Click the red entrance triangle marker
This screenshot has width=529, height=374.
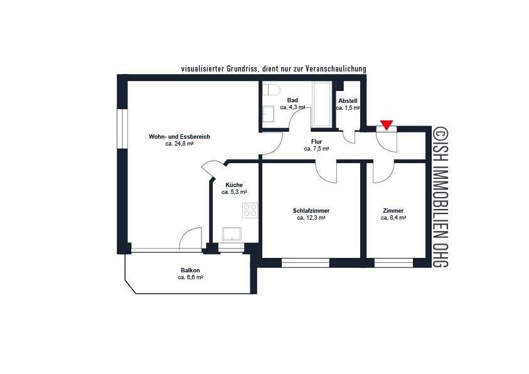point(387,126)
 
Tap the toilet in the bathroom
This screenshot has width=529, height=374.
point(270,90)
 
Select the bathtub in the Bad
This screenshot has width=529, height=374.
point(322,104)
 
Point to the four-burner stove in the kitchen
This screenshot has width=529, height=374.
point(250,210)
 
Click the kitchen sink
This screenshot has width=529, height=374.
point(229,233)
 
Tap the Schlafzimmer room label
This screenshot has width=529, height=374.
point(311,210)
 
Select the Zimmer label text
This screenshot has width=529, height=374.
point(393,210)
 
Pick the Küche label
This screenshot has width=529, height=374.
point(234,184)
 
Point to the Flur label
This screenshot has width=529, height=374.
point(316,142)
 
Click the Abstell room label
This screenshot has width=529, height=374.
point(348,100)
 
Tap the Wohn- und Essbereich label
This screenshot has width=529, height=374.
point(179,136)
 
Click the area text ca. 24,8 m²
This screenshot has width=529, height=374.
point(179,144)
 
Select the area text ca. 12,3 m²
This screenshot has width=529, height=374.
point(311,218)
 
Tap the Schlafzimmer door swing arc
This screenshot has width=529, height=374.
point(327,171)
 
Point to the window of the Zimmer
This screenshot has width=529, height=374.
point(393,262)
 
